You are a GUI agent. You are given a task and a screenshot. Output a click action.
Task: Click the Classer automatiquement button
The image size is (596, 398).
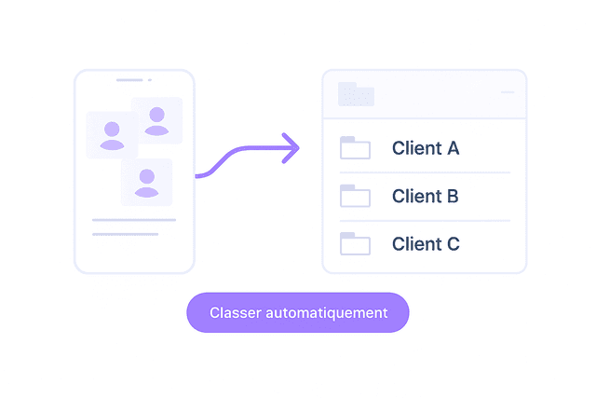tap(298, 312)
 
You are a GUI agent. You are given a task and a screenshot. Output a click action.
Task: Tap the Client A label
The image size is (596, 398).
tap(426, 148)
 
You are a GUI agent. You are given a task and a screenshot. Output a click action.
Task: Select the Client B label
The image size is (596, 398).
tap(426, 197)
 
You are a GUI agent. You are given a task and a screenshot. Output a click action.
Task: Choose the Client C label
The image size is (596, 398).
tap(426, 244)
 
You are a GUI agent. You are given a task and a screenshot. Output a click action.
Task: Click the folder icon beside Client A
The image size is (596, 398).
tap(355, 147)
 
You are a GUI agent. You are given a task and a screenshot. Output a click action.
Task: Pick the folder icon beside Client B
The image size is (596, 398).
tap(355, 196)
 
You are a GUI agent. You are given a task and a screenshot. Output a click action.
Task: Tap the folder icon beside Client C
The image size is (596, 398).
tap(355, 243)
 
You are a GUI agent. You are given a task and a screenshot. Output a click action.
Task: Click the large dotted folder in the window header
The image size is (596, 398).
tap(356, 94)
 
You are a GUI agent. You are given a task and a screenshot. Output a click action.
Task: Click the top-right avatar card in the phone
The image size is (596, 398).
tap(157, 120)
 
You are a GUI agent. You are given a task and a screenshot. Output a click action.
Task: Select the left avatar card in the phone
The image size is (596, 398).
tap(112, 135)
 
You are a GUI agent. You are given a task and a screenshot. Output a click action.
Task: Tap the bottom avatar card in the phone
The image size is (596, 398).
tap(147, 183)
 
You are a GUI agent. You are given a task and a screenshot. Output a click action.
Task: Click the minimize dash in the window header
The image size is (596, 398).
tap(508, 92)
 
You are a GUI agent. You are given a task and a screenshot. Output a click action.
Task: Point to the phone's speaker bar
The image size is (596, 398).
tap(129, 80)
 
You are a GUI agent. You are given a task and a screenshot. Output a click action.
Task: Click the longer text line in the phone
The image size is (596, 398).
tap(134, 220)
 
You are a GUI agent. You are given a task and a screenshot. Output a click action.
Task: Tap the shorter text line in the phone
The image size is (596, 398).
tap(126, 234)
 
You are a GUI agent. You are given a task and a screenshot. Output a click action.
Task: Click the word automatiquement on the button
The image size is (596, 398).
tap(327, 313)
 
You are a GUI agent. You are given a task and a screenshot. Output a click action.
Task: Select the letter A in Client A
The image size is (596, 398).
tap(454, 148)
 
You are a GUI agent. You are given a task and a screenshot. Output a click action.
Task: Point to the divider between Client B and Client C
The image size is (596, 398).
tap(425, 221)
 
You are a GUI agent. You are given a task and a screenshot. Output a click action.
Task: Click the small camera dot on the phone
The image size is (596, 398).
tap(150, 80)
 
